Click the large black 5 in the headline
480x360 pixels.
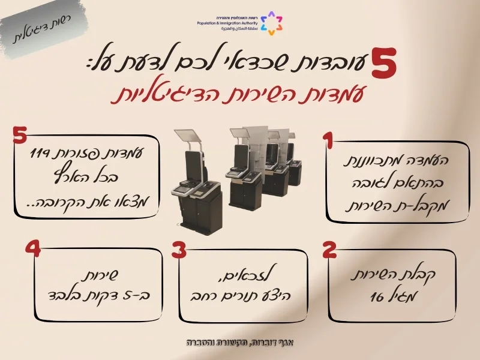point(384,64)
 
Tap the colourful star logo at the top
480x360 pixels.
point(271,23)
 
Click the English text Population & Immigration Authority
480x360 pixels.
point(227,23)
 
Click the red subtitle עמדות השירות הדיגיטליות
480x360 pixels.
point(238,95)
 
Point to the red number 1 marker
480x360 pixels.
point(328,141)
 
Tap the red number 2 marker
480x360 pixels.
point(329,250)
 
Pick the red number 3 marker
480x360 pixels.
point(179,250)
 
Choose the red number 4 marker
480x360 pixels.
point(33,249)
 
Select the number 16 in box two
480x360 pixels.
point(377,296)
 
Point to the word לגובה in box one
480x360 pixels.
point(369,183)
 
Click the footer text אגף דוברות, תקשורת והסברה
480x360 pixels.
point(240,342)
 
